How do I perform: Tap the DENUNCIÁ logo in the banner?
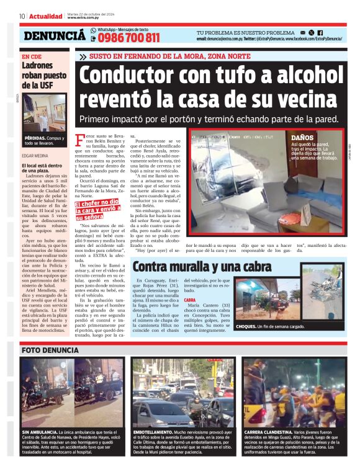(54, 36)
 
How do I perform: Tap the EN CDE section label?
(32, 57)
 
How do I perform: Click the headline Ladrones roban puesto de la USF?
(39, 75)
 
